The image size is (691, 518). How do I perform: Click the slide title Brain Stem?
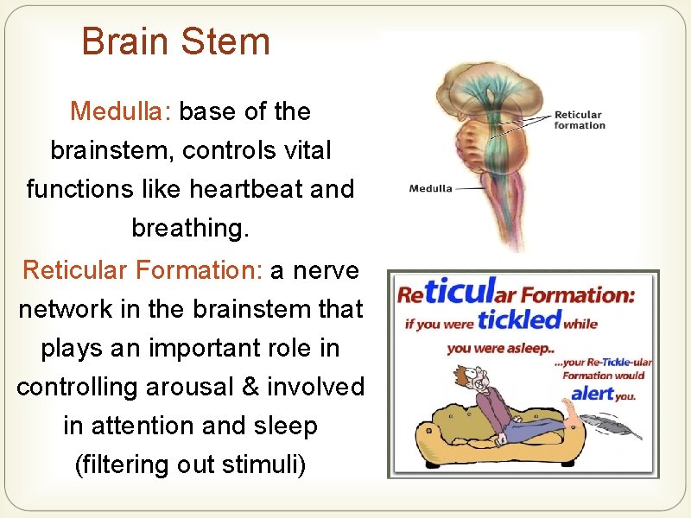175,41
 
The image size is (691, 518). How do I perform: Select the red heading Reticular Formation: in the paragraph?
143,270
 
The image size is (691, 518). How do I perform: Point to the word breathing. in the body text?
190,228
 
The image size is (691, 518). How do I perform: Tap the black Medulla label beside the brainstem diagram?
430,188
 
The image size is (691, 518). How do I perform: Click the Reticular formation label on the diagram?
580,120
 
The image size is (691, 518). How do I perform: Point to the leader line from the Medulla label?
470,188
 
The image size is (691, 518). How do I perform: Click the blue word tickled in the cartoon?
518,320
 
